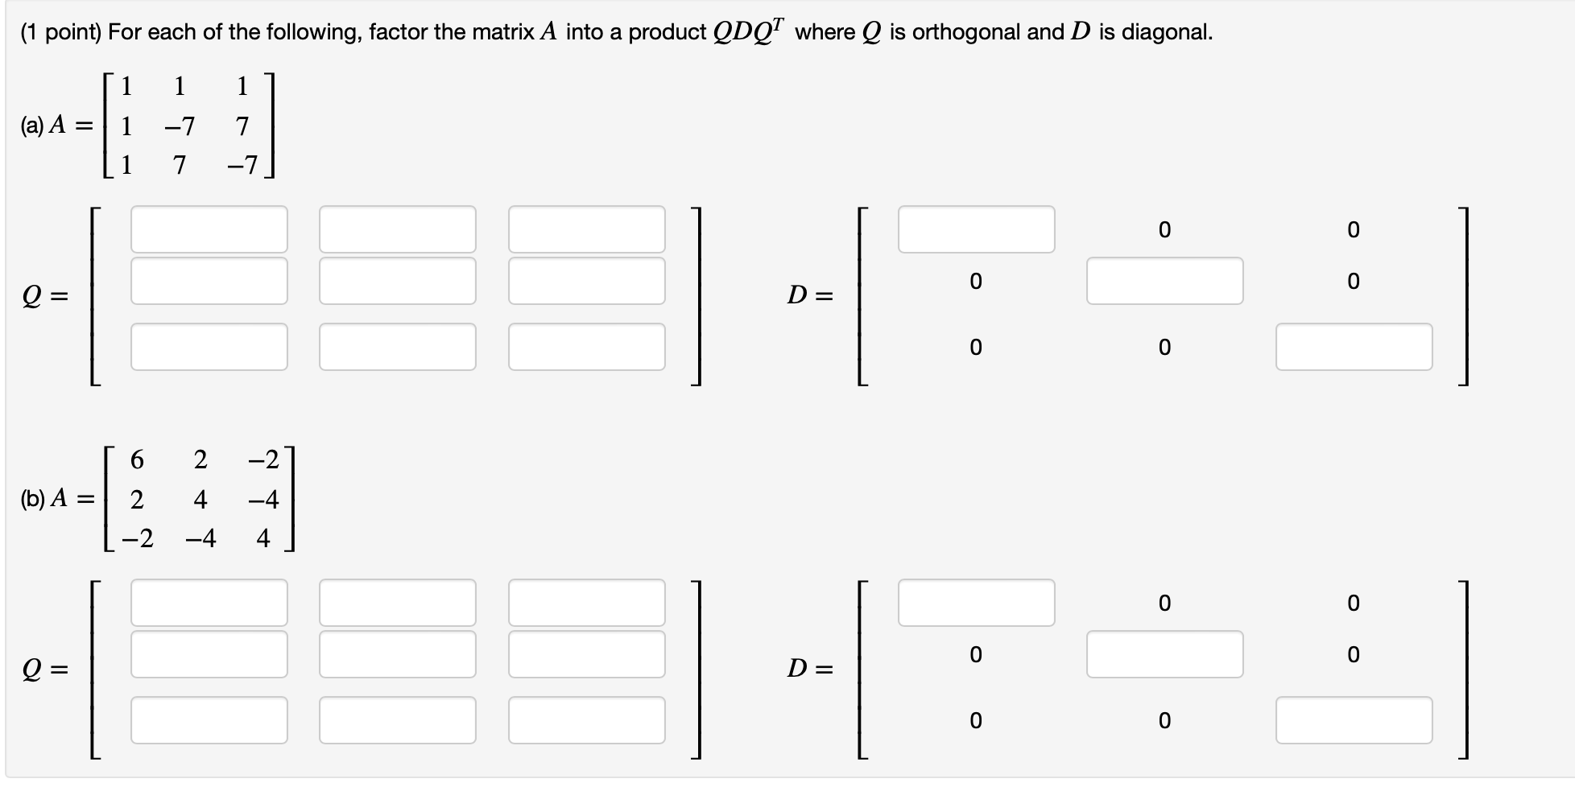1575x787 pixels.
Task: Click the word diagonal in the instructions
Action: click(x=1167, y=32)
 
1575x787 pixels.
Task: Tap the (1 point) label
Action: click(x=61, y=32)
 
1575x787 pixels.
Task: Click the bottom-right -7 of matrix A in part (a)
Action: click(x=242, y=165)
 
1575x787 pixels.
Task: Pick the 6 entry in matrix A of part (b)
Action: click(x=137, y=460)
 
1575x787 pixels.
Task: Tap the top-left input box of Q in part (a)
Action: click(x=209, y=229)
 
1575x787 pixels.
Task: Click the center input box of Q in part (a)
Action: click(x=397, y=281)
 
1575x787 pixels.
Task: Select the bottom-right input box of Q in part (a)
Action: click(x=586, y=347)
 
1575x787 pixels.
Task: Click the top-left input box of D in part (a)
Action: click(x=976, y=229)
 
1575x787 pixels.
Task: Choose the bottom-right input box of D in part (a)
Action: click(x=1354, y=347)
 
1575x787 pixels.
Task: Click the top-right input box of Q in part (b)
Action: click(x=586, y=603)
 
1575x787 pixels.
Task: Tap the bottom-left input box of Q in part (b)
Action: click(x=209, y=720)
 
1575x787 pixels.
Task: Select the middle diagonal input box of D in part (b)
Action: click(x=1164, y=654)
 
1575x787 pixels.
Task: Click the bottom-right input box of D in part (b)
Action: click(x=1354, y=720)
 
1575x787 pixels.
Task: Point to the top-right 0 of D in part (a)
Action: click(x=1353, y=230)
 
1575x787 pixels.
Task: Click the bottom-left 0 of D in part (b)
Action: click(x=975, y=721)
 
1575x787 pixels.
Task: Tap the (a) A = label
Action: click(x=56, y=126)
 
